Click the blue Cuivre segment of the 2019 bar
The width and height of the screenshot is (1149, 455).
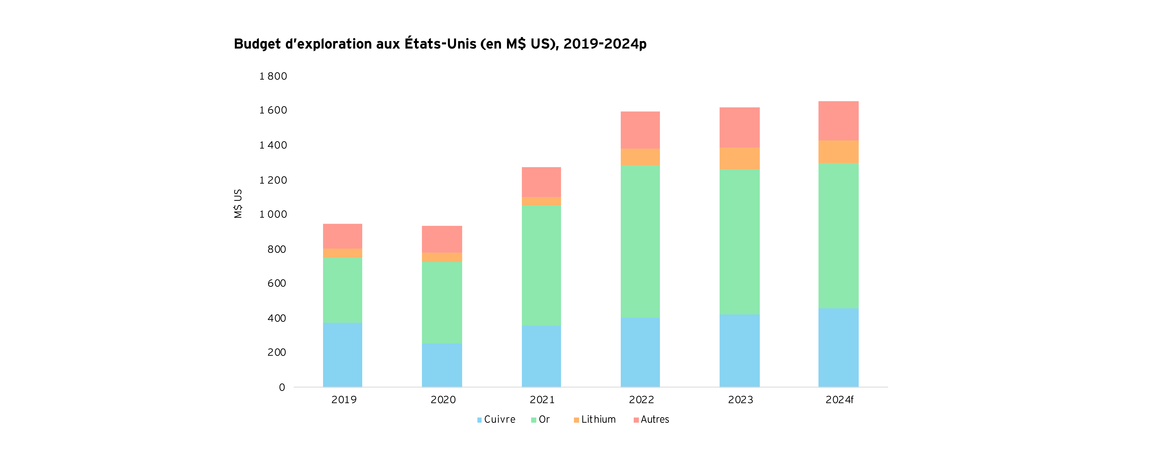click(343, 355)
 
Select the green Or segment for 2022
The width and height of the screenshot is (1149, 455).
click(640, 241)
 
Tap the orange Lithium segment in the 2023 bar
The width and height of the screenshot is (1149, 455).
click(740, 158)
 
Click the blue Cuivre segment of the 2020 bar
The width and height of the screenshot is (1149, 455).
click(442, 365)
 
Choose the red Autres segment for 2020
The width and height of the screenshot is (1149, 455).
click(442, 239)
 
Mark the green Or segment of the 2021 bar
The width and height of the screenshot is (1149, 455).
click(541, 265)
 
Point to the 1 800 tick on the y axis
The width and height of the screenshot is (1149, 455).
click(273, 76)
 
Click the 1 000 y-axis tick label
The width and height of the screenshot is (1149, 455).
click(273, 214)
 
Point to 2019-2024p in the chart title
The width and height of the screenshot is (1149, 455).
click(605, 44)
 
